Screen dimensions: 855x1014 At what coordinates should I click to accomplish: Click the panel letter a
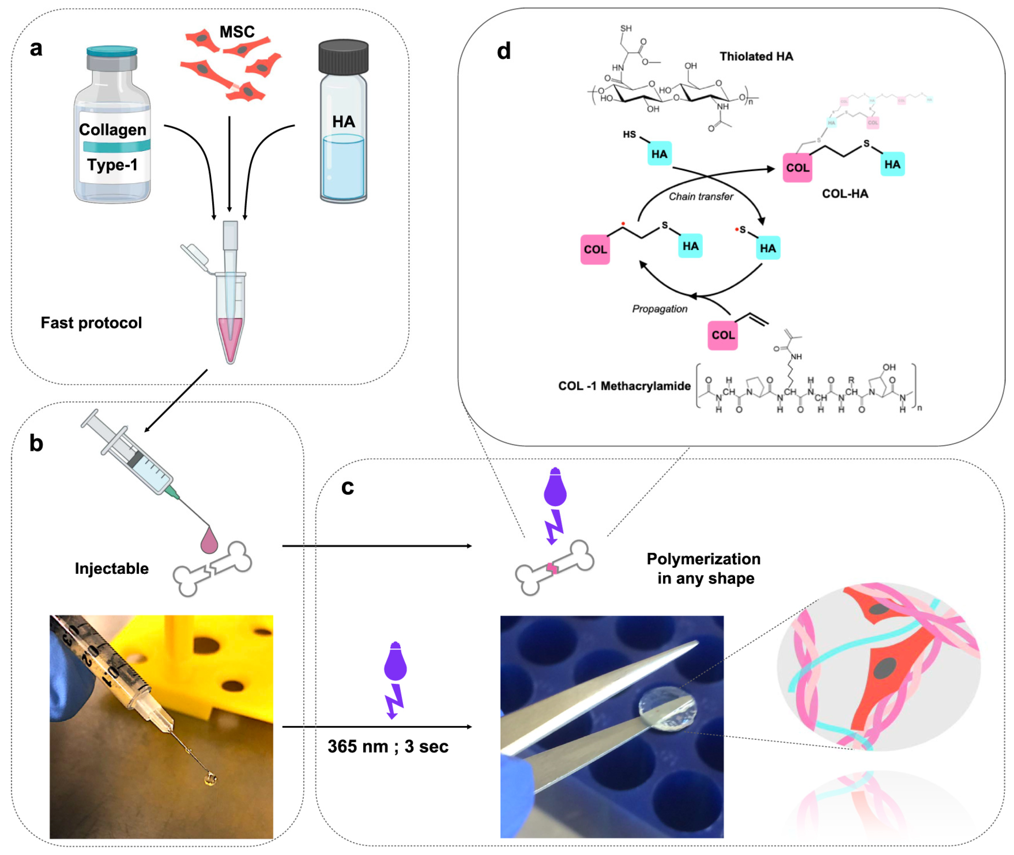(36, 48)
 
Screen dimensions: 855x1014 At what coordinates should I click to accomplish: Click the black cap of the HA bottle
(343, 57)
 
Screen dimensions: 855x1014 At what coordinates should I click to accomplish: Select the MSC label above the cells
(237, 32)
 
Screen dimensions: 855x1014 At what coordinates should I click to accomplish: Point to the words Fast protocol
(91, 323)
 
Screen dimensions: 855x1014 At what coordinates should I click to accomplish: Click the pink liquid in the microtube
(230, 334)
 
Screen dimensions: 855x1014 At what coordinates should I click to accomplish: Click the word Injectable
(111, 568)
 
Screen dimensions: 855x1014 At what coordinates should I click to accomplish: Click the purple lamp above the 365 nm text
(395, 662)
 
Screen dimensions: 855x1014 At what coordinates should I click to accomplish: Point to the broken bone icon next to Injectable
(212, 568)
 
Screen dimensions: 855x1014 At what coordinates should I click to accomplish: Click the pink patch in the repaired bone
(552, 568)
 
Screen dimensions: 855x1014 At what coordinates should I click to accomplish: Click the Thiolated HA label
(756, 57)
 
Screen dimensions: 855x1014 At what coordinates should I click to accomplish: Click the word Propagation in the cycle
(659, 309)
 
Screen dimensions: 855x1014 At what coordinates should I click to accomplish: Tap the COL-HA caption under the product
(845, 194)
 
